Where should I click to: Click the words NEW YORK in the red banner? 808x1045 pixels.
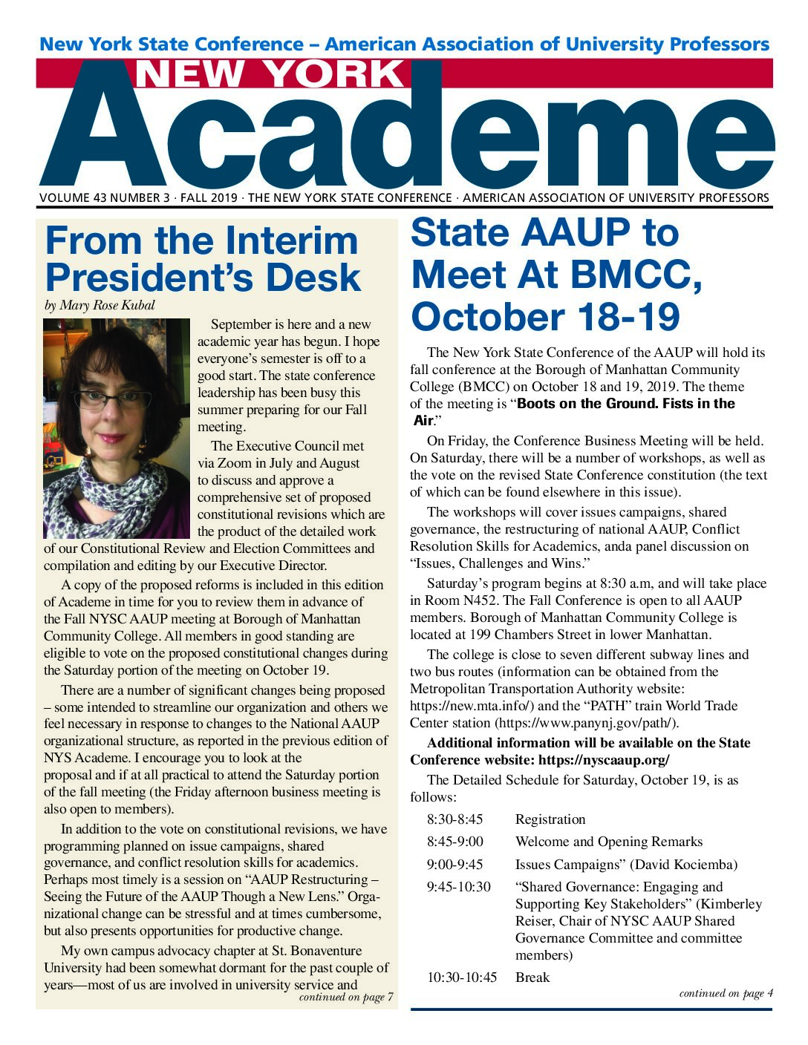point(271,74)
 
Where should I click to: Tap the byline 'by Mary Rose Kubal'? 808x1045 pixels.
point(100,306)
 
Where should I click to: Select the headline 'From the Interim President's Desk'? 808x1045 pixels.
point(202,259)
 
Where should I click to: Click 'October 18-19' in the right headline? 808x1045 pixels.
point(545,315)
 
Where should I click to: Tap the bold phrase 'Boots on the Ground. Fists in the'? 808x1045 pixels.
point(625,404)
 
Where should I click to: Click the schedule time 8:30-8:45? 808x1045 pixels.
point(454,819)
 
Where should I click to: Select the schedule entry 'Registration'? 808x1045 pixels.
point(550,819)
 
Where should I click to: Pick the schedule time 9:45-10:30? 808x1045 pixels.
point(458,887)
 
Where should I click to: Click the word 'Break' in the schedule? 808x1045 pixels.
point(532,977)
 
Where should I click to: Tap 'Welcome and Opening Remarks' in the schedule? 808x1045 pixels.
point(609,842)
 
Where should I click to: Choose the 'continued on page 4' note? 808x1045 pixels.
point(726,994)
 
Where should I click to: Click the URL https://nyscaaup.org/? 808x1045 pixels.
point(604,760)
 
